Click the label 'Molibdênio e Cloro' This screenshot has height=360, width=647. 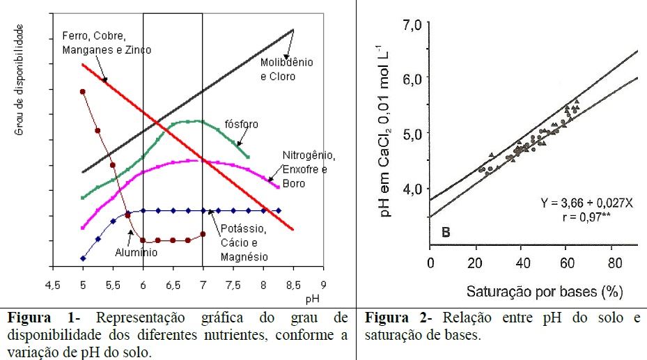pos(287,69)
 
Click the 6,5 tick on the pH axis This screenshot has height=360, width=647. pos(173,285)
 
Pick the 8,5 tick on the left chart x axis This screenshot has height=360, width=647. pos(293,285)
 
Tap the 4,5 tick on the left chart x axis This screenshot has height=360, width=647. pos(53,285)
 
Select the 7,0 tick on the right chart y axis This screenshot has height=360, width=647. pos(412,26)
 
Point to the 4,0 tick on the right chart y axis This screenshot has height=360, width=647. pos(412,188)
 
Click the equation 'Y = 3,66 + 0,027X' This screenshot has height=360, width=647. pos(587,203)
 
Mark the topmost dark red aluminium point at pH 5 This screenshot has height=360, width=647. pos(83,91)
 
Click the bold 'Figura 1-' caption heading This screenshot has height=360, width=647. pos(34,318)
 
